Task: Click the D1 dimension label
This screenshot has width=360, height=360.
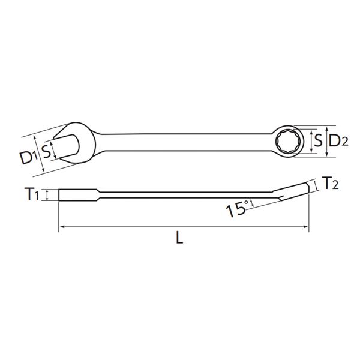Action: (x=28, y=158)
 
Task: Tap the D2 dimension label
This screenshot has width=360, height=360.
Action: (x=338, y=141)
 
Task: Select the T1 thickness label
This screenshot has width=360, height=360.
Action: (x=31, y=194)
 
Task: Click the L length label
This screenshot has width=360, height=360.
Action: (x=179, y=238)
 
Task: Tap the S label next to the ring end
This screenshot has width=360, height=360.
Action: (x=318, y=141)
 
